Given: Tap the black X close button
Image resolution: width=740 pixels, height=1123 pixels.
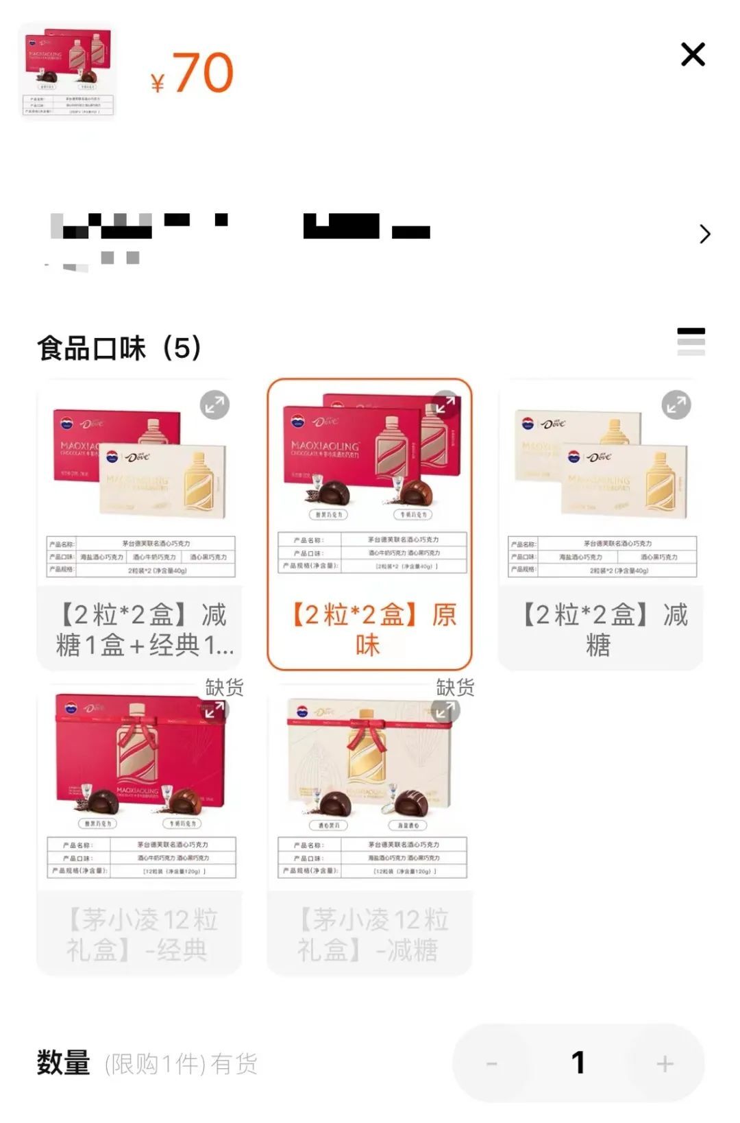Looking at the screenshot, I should pos(693,54).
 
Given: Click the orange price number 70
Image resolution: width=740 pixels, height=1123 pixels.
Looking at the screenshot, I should pos(202,73).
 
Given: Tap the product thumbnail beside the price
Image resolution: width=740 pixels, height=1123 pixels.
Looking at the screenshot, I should pos(68,71).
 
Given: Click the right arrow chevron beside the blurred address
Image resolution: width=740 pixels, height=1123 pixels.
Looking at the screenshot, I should pos(704,234).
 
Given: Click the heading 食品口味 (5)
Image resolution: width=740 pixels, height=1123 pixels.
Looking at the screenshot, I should pos(119,348).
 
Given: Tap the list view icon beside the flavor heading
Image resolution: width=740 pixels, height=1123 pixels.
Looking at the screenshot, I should pos(691,341).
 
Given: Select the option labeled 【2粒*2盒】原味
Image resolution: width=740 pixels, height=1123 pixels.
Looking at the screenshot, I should pos(370,629).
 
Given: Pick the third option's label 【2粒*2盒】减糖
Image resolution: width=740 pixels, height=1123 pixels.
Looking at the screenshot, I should pos(600,629).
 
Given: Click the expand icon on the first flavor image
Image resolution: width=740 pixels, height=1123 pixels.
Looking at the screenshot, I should pos(214,405).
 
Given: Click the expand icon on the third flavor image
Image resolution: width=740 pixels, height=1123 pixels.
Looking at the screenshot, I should pos(676,405).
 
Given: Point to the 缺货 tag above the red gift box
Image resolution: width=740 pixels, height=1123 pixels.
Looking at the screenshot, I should pos(224,688).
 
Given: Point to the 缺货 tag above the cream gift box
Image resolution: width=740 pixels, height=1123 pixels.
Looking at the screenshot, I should pos(455,688).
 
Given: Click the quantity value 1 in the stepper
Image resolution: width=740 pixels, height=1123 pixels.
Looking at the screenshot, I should pos(578,1063).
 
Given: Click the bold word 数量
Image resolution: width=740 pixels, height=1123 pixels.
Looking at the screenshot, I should pos(64,1063).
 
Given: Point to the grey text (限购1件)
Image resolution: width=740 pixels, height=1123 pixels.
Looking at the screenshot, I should pos(155,1064).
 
